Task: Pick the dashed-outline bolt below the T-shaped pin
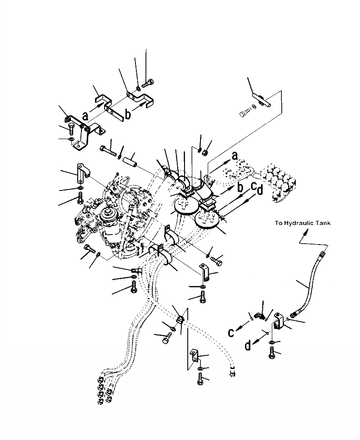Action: click(x=245, y=113)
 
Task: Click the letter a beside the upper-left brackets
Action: click(x=85, y=115)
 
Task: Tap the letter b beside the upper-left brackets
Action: click(x=128, y=114)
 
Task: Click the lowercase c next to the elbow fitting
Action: click(x=231, y=333)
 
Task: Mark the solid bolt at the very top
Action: click(x=148, y=83)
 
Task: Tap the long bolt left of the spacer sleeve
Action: click(x=108, y=150)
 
